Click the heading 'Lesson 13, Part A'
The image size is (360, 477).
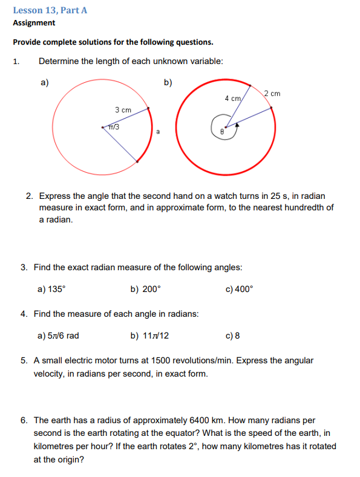[x=45, y=10]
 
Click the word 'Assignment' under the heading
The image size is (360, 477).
[x=34, y=23]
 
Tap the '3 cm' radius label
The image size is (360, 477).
[x=123, y=110]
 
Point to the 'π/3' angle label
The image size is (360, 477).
[x=113, y=127]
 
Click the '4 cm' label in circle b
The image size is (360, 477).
[x=233, y=97]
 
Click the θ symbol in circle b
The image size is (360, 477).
[x=222, y=131]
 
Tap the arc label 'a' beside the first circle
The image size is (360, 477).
[x=157, y=131]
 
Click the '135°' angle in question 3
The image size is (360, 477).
[x=56, y=289]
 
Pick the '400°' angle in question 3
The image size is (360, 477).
[x=244, y=289]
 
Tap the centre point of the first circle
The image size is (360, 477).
[x=103, y=128]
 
